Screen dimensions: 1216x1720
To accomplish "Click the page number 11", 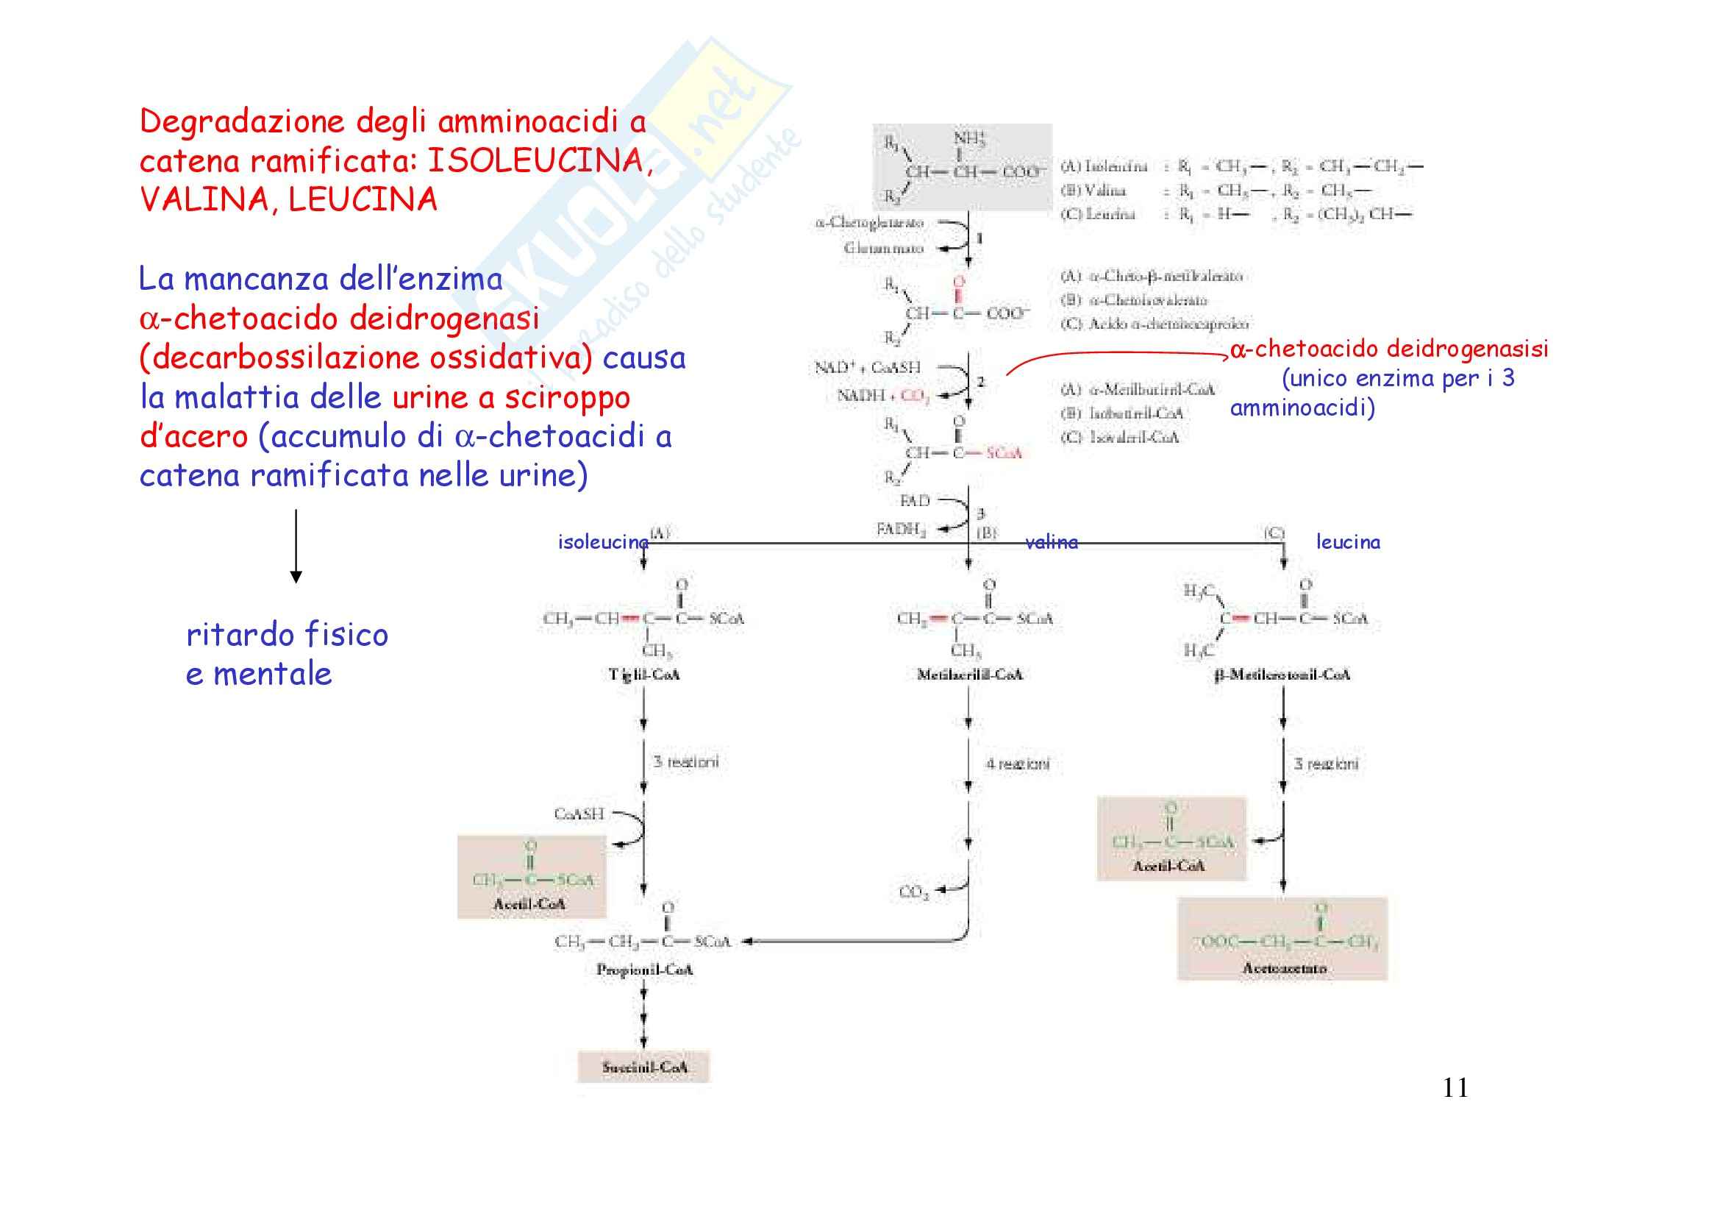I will (x=1455, y=1087).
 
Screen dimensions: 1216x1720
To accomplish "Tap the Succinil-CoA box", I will (x=643, y=1067).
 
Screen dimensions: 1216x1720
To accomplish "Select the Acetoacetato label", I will (x=1284, y=968).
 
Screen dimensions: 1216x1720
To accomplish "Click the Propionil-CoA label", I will (x=644, y=970).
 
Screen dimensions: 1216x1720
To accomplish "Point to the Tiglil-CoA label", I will (x=643, y=675).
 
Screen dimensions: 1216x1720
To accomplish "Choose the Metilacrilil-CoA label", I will (x=969, y=675).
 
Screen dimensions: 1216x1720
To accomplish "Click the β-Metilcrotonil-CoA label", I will (x=1282, y=675).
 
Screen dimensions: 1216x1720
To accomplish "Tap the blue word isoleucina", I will (x=603, y=541).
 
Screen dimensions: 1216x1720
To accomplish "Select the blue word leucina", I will (x=1348, y=541).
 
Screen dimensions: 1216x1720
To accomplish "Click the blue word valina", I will (x=1051, y=541).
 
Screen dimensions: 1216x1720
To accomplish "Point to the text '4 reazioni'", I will (x=1017, y=764).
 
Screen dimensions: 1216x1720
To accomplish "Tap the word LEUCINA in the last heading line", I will (x=363, y=199).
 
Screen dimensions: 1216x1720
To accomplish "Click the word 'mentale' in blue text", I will (x=272, y=674).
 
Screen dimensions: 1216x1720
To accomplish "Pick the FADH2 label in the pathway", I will (x=902, y=530).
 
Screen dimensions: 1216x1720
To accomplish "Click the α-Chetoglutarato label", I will (x=869, y=222).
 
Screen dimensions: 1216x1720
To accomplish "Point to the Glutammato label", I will (x=883, y=248).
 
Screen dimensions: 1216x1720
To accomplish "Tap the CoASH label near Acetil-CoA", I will (x=578, y=814).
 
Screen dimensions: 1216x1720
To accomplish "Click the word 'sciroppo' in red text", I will (x=567, y=398).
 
